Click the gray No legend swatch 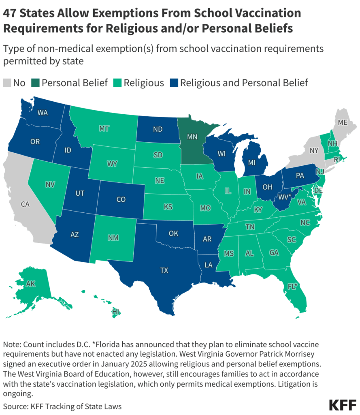[x=7, y=83]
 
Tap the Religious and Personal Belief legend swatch [x=174, y=83]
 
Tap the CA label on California [x=25, y=204]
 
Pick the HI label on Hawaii [x=116, y=312]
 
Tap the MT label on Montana [x=104, y=128]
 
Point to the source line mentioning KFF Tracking [x=62, y=406]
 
